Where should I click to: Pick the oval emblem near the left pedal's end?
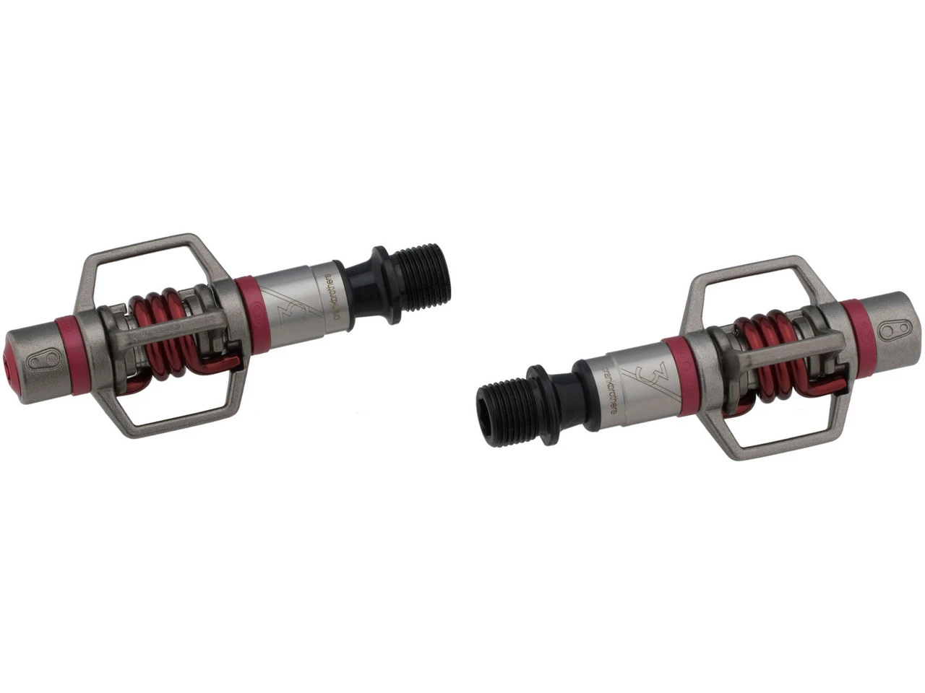(51, 358)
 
